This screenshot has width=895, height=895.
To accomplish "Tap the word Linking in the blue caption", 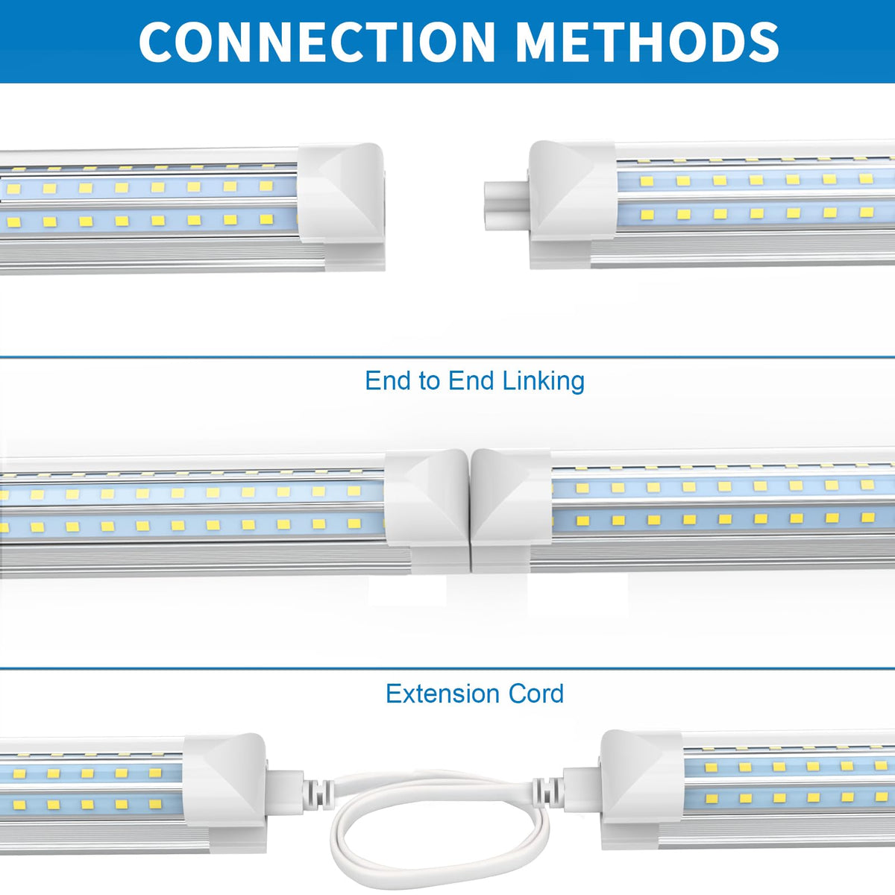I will coord(543,381).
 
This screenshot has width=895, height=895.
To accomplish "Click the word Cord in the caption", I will coord(536,694).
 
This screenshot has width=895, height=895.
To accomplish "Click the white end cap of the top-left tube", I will coord(342,195).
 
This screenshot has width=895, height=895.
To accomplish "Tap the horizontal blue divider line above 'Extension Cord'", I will coord(447,668).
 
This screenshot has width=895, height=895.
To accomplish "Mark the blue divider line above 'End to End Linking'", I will coord(447,357).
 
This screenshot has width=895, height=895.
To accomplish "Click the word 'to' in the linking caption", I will coord(429,381).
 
